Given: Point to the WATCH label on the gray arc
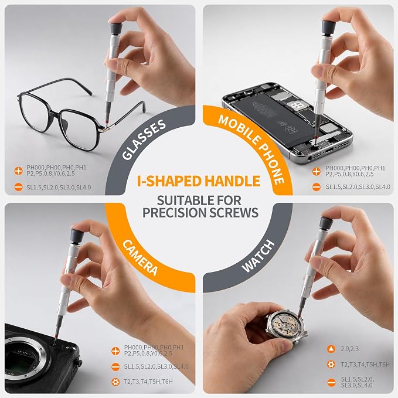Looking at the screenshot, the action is tap(258, 256).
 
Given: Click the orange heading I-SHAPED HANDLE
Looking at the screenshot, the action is tap(199, 181).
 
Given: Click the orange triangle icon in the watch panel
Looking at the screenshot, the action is tap(331, 349).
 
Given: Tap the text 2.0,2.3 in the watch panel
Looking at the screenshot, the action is tap(349, 349).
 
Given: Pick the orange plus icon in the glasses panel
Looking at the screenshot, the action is tap(19, 171).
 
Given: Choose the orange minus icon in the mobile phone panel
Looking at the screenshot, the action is tap(317, 188).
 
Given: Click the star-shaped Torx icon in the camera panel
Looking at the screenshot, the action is tap(115, 382).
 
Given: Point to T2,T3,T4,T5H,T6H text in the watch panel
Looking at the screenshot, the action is tap(365, 365).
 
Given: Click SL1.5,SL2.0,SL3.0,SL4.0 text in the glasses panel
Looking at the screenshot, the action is tap(59, 188).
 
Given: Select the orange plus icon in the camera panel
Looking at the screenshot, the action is tap(115, 351).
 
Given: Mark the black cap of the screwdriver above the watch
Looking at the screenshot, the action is tap(326, 223).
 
